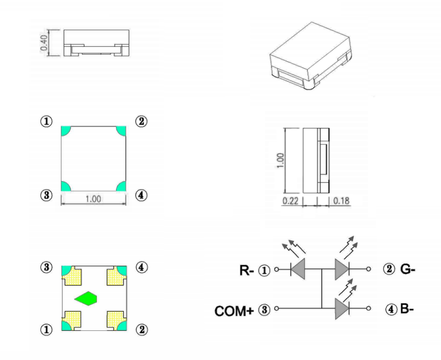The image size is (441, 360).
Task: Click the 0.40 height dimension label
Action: tap(44, 43)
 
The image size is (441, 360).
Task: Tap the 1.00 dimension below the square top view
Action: tap(93, 199)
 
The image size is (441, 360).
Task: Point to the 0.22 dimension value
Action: tap(291, 201)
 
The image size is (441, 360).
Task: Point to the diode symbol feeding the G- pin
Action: tap(342, 269)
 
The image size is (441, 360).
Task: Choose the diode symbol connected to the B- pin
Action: tap(342, 309)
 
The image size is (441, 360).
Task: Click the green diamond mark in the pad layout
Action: tap(86, 299)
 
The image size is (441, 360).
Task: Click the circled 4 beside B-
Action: tap(391, 308)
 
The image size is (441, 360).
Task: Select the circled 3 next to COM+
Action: tap(264, 310)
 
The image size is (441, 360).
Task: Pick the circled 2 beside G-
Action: tap(391, 269)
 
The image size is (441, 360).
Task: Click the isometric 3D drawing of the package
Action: tap(309, 56)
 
